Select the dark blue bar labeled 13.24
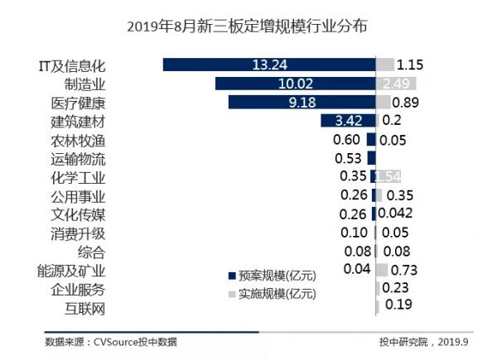[x=268, y=65]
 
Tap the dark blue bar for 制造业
[x=295, y=84]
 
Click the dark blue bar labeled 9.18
[x=301, y=103]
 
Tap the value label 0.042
[x=398, y=214]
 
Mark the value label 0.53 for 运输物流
[x=348, y=158]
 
